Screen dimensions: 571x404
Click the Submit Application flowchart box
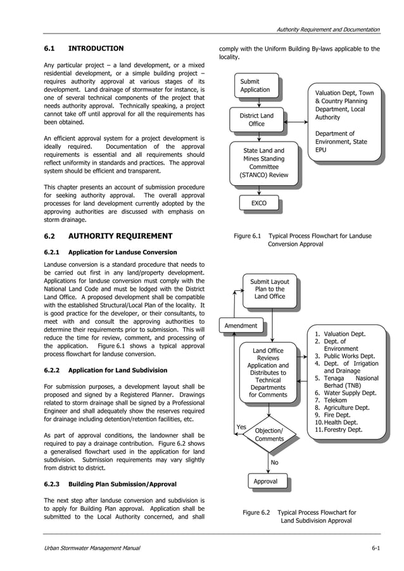(255, 86)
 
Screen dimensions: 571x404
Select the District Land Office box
(256, 120)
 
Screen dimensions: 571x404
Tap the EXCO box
(259, 204)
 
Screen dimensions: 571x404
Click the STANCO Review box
(264, 163)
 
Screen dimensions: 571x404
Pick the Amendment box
(241, 326)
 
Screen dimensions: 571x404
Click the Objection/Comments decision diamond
(269, 434)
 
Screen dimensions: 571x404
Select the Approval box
(265, 482)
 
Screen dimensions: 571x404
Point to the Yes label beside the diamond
(241, 427)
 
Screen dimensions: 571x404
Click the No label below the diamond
(274, 462)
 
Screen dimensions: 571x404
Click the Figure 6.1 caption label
(248, 236)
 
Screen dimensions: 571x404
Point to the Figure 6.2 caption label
(256, 512)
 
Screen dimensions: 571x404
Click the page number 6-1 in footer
(376, 548)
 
